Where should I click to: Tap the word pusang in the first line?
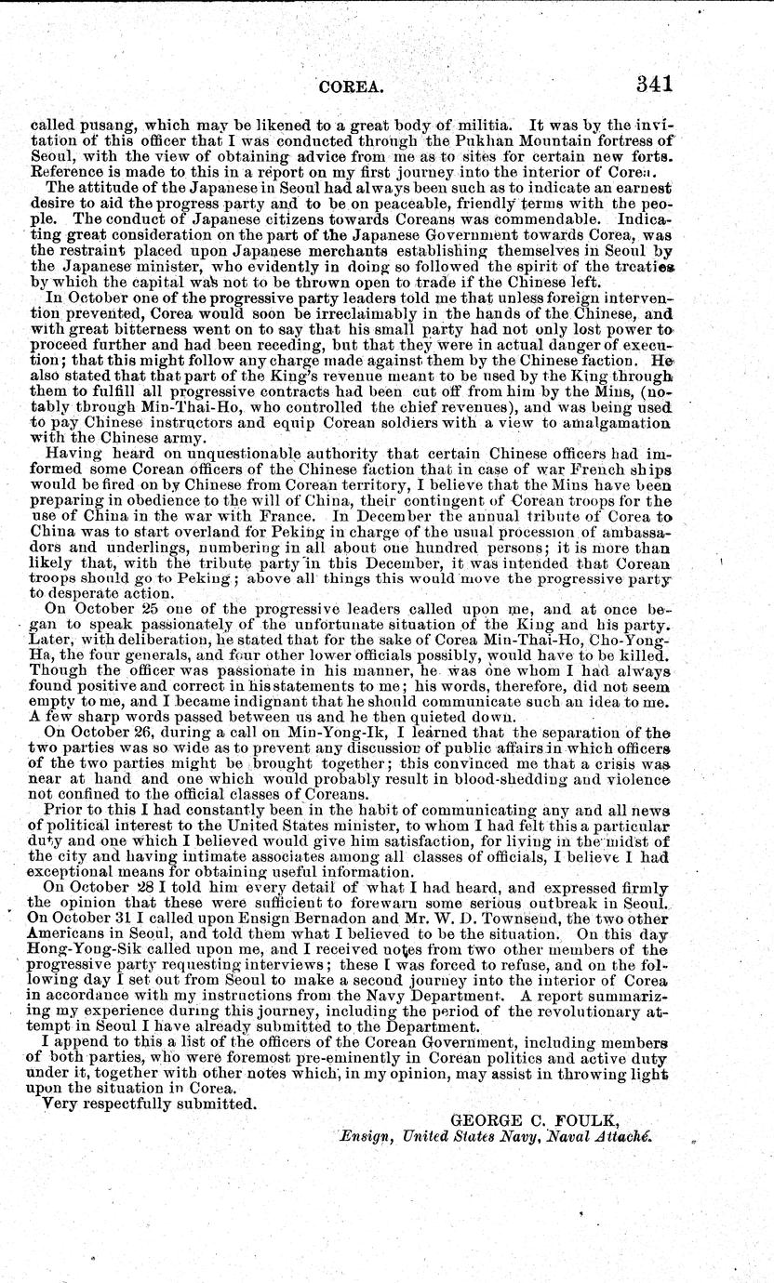pyautogui.click(x=98, y=124)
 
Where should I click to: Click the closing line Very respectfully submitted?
pyautogui.click(x=150, y=1104)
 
